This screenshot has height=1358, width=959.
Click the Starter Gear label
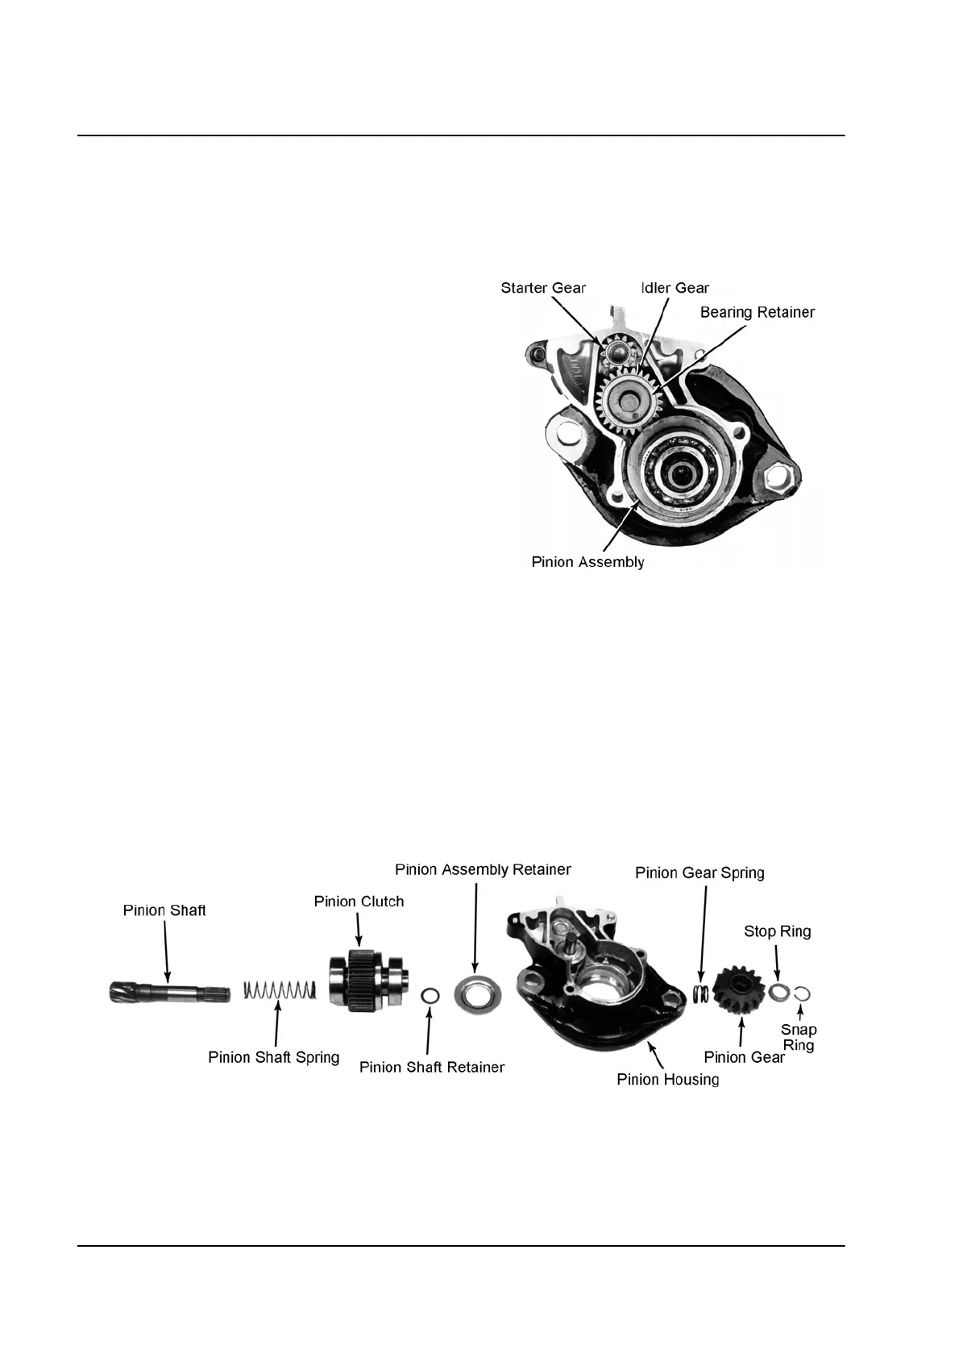click(x=543, y=288)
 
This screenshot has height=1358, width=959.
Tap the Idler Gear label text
click(x=675, y=288)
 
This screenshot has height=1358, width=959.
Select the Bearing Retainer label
click(x=757, y=312)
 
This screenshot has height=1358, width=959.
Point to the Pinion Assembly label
click(x=587, y=562)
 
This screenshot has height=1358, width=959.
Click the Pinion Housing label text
click(x=667, y=1079)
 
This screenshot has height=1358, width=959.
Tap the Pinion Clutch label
click(x=359, y=902)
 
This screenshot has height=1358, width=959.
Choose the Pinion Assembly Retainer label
click(x=483, y=869)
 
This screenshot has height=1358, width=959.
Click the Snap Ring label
click(x=799, y=1037)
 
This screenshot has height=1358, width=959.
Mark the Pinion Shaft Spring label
click(x=273, y=1057)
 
